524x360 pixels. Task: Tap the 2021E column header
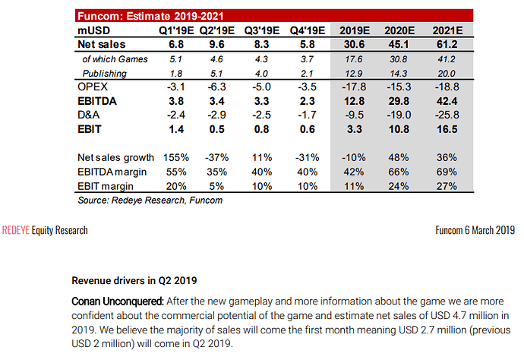point(447,30)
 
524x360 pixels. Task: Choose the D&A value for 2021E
point(447,115)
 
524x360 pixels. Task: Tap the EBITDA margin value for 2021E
point(447,172)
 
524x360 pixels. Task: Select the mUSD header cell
point(96,30)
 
